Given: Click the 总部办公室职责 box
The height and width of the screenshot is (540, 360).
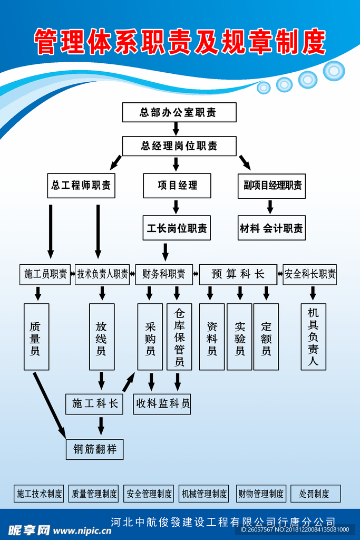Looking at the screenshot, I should [x=179, y=112].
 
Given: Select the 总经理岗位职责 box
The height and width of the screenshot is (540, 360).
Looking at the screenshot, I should [x=179, y=146].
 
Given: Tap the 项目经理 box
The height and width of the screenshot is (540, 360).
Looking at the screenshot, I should [x=177, y=186].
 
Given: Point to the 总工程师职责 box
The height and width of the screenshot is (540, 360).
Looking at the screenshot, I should [x=81, y=186].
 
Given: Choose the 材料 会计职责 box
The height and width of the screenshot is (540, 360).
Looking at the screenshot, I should [x=271, y=228].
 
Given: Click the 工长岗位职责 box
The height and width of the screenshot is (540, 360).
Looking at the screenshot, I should [x=177, y=228].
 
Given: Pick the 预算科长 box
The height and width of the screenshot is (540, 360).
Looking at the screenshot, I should [x=238, y=274].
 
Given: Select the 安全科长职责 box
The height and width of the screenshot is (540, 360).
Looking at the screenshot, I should [x=310, y=274].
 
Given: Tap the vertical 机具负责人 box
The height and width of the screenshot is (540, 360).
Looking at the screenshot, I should [x=314, y=336].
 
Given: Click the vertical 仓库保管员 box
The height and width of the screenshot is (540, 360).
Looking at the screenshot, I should [x=179, y=336].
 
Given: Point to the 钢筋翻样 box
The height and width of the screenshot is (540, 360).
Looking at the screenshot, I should [x=95, y=449].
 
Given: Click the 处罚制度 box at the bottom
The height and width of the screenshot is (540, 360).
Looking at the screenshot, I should [x=316, y=494].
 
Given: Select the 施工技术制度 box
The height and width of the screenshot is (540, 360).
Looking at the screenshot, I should [x=40, y=494].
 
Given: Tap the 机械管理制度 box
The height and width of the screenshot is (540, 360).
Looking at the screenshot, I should [x=204, y=494].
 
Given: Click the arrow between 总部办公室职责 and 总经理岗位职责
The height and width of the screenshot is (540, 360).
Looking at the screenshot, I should [x=177, y=129].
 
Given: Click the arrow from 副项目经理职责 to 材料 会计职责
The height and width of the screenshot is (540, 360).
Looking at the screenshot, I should [x=270, y=207].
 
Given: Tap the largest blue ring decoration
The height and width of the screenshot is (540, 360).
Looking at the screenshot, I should [x=334, y=71].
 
